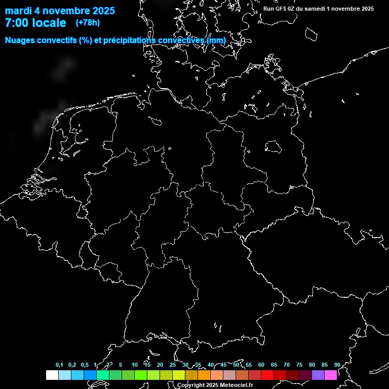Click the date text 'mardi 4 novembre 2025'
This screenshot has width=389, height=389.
click(60, 11)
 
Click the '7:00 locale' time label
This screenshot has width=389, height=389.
click(35, 23)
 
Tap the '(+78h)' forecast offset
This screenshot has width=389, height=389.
click(88, 22)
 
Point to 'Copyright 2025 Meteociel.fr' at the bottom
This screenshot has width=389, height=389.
click(215, 385)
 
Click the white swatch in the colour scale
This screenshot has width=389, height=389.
click(52, 375)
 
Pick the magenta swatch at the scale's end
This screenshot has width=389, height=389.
click(331, 375)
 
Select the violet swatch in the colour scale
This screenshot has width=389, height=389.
click(318, 375)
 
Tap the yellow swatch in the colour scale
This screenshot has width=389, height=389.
click(179, 375)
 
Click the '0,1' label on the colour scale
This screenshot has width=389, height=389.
click(59, 365)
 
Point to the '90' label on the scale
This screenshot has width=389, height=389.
click(337, 365)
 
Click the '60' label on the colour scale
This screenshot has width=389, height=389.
click(261, 365)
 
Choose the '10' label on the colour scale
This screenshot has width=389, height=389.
click(134, 365)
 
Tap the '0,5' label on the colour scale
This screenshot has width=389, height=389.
click(85, 365)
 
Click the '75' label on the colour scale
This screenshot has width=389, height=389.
click(299, 365)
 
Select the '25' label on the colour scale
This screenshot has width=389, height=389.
click(172, 365)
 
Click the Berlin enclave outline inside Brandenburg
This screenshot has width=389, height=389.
click(273, 147)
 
